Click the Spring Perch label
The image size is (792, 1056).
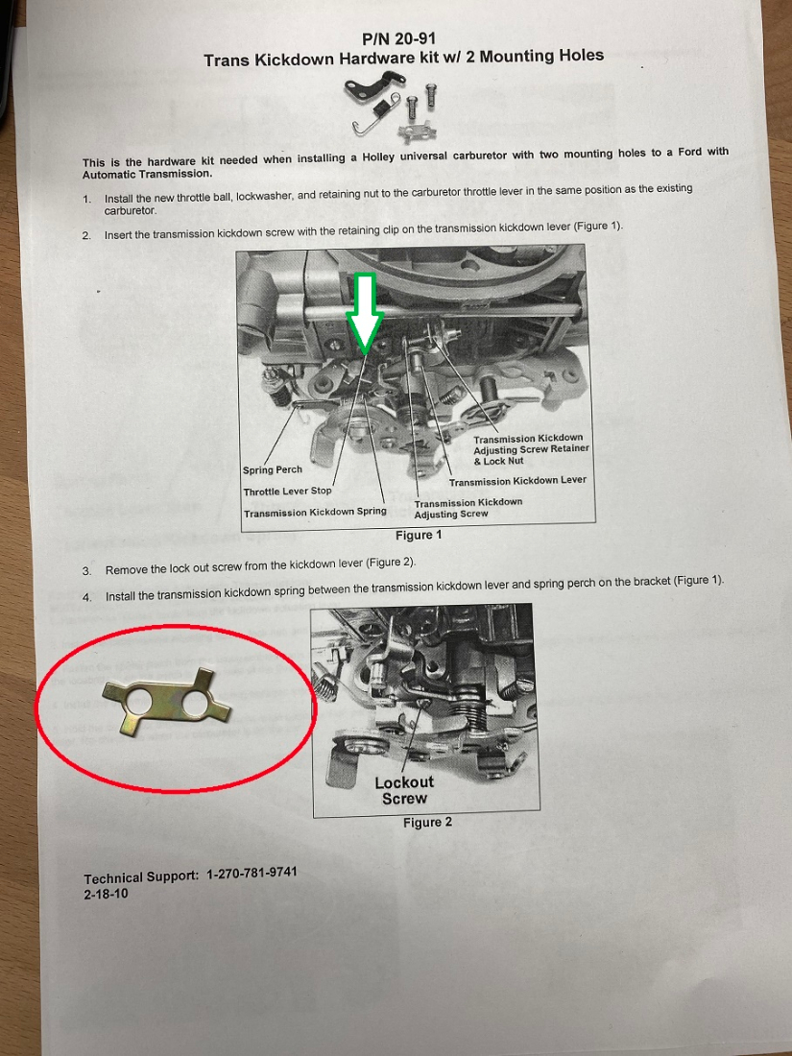pos(272,470)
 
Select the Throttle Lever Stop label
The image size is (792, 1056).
pos(287,492)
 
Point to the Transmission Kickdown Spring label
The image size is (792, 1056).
pos(314,513)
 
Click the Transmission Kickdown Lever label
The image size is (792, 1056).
pos(516,481)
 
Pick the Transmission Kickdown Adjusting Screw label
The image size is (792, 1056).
pos(468,508)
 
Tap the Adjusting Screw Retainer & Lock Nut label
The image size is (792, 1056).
pos(531,449)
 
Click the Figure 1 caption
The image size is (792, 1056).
pos(419,535)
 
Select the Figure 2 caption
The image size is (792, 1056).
pos(427,822)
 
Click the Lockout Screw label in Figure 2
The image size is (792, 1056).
pos(404,790)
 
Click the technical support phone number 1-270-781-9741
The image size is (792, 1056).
pos(252,876)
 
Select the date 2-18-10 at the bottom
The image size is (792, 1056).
pos(106,893)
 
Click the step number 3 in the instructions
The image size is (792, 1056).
pos(86,569)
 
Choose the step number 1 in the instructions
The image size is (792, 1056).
pos(86,199)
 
